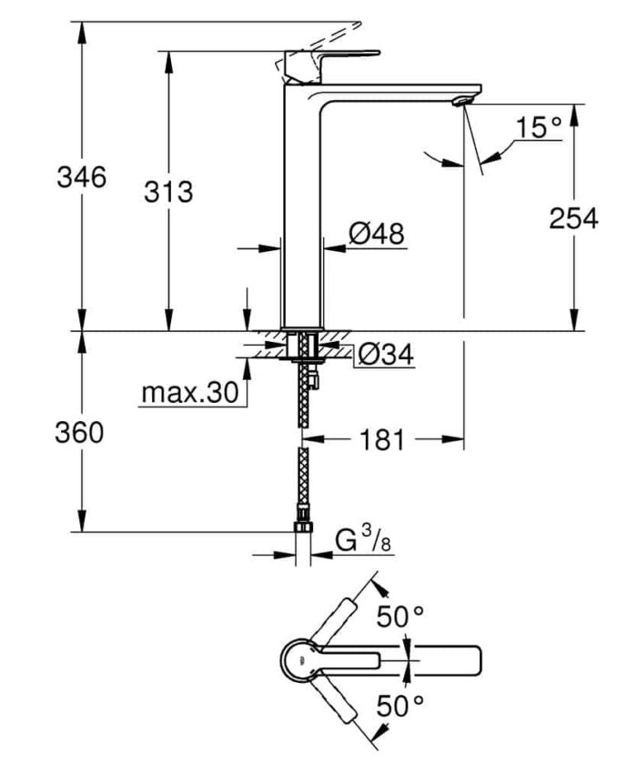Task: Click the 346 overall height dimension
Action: tap(81, 176)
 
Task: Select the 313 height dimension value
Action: tap(168, 192)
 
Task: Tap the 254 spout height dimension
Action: tap(573, 217)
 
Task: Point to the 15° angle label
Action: tap(538, 127)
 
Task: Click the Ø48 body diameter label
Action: tap(376, 234)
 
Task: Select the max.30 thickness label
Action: tap(188, 393)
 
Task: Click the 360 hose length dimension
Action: tap(81, 433)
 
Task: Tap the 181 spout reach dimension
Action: tap(381, 440)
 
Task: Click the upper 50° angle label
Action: tap(400, 616)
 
